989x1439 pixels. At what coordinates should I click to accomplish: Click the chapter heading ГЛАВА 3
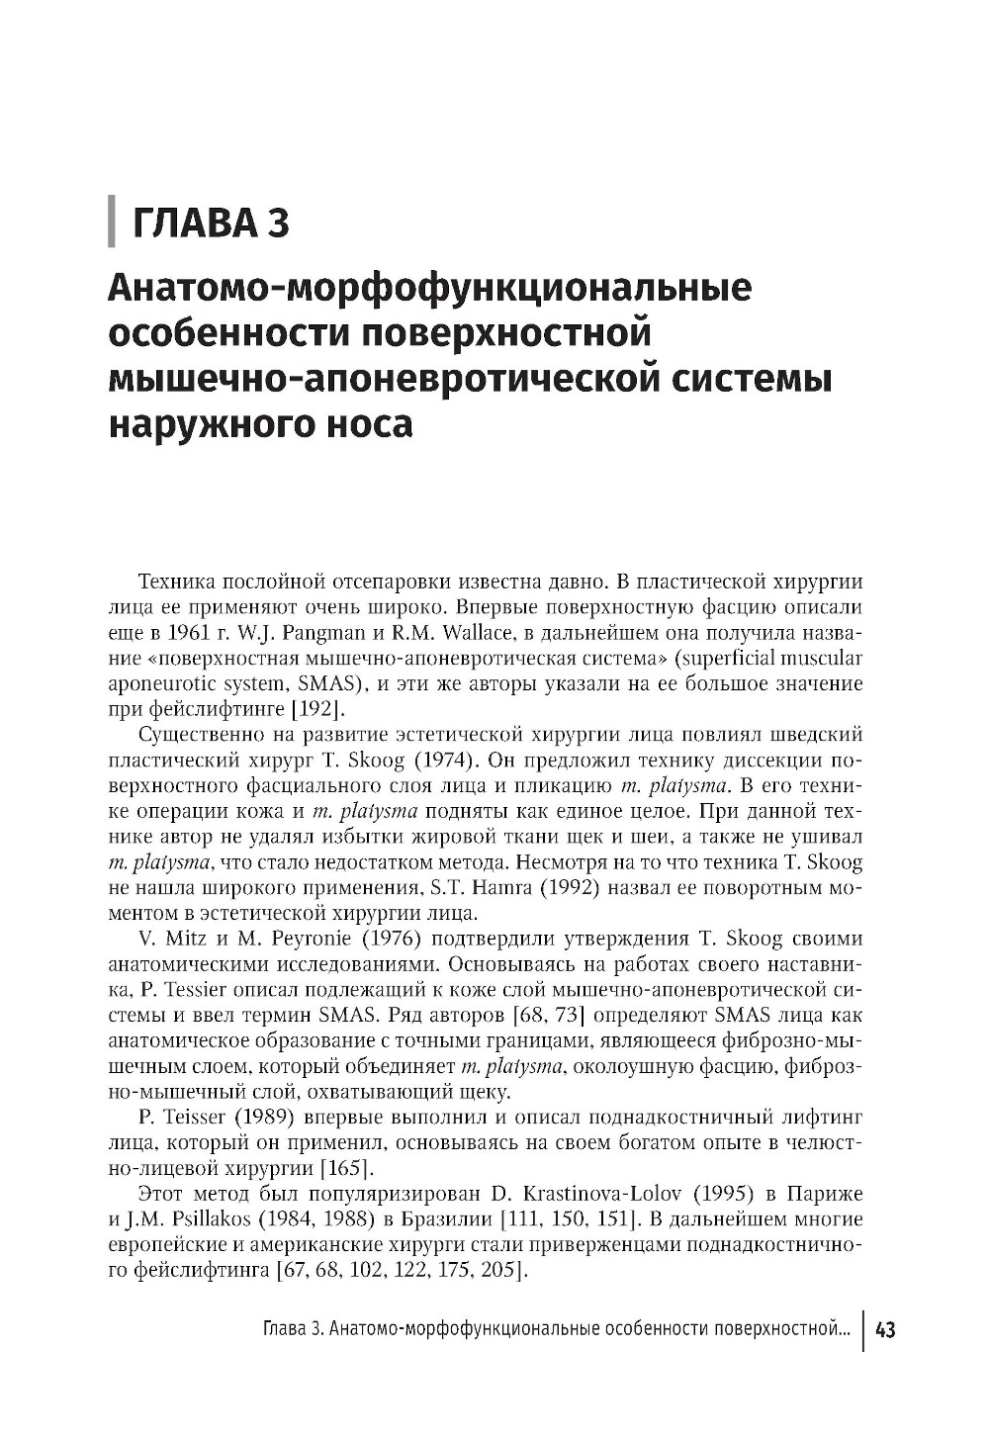pos(211,224)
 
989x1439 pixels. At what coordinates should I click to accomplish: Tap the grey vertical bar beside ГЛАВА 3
pos(112,224)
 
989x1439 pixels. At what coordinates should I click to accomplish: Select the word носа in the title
pos(366,425)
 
